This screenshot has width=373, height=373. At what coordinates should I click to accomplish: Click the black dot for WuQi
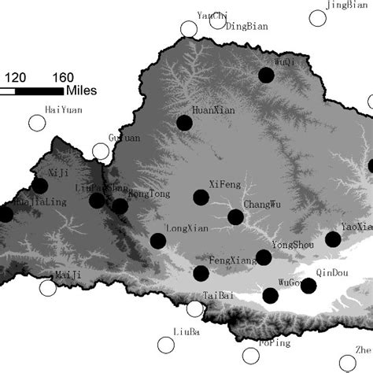(267, 75)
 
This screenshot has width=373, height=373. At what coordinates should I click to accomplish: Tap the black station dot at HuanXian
(184, 123)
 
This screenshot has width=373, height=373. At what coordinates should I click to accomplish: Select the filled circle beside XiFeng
(201, 197)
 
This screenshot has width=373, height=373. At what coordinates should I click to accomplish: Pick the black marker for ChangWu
(235, 217)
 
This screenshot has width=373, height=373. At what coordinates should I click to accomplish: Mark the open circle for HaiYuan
(37, 123)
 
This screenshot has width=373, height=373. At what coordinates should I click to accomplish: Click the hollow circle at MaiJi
(48, 288)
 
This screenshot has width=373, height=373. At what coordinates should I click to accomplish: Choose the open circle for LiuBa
(165, 345)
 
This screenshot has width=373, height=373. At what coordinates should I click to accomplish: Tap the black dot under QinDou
(308, 285)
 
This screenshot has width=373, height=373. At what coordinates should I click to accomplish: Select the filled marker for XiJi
(39, 186)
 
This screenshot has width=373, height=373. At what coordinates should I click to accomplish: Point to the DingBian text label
(242, 25)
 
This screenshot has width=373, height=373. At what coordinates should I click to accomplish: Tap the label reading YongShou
(292, 245)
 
